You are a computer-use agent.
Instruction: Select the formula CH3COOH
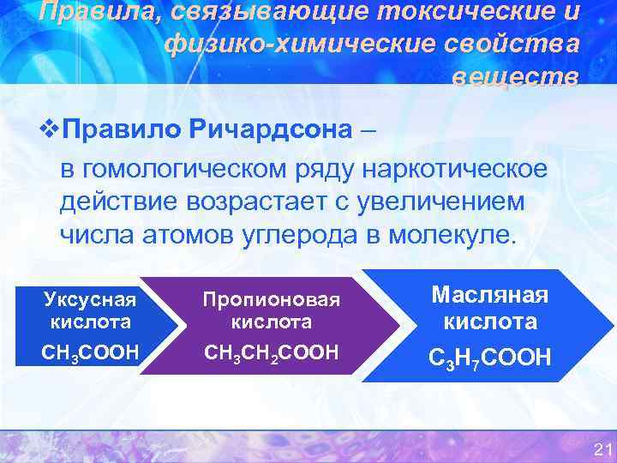pos(90,352)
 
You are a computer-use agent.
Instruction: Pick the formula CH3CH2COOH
pos(271,352)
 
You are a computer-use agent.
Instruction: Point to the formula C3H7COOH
pos(490,356)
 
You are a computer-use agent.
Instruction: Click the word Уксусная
pos(90,299)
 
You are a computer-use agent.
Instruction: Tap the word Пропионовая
pos(271,299)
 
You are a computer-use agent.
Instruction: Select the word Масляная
pos(490,294)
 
